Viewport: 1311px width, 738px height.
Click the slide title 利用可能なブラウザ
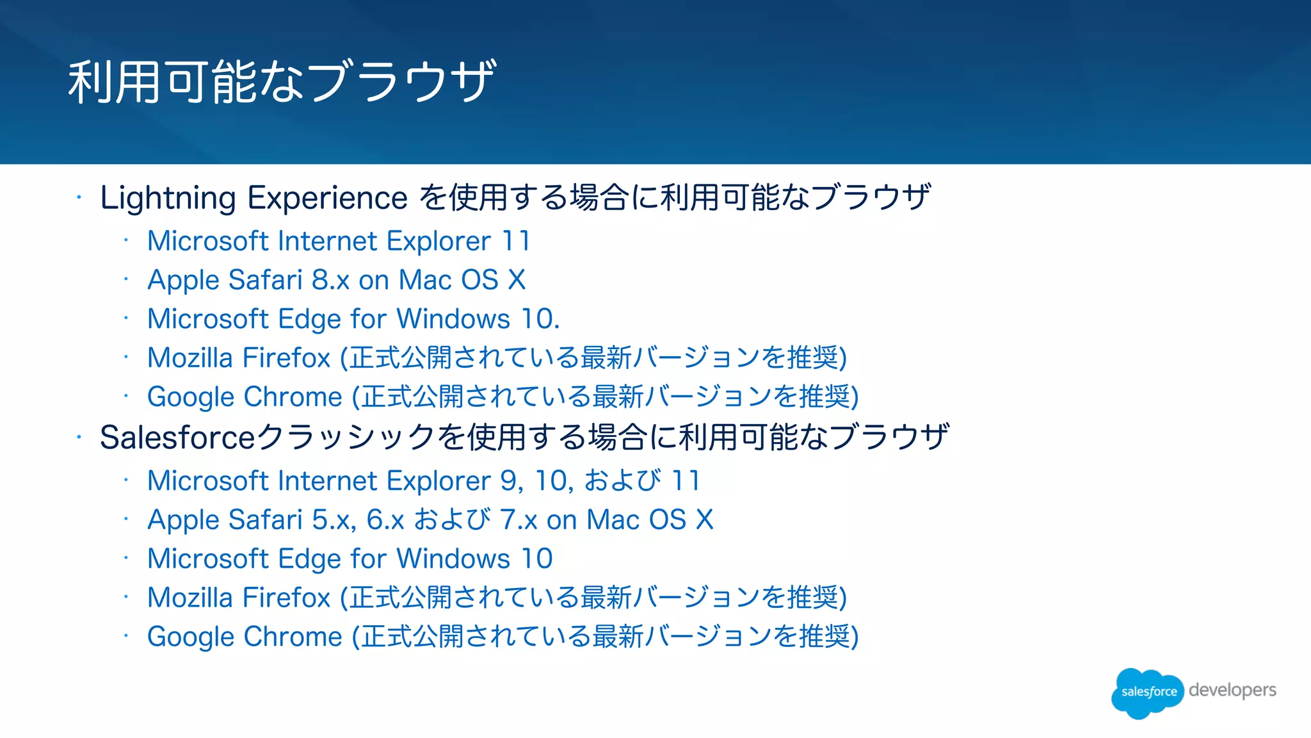(282, 81)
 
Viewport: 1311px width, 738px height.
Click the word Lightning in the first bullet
(168, 198)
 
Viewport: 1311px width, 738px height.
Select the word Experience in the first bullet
(327, 198)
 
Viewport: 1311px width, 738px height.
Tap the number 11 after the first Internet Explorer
(516, 242)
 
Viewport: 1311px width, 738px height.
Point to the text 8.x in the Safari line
(330, 280)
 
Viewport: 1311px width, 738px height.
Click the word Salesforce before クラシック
(177, 438)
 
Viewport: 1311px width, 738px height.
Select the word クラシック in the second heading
(346, 438)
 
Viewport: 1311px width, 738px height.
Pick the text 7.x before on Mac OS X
(519, 520)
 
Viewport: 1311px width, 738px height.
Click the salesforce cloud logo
(1148, 692)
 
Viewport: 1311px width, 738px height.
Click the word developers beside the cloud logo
(1232, 690)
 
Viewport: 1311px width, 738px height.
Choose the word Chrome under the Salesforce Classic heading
(293, 637)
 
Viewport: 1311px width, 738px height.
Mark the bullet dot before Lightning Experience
(79, 198)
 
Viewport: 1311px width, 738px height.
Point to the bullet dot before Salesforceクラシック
(79, 438)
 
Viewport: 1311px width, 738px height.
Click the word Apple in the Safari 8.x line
(183, 281)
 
